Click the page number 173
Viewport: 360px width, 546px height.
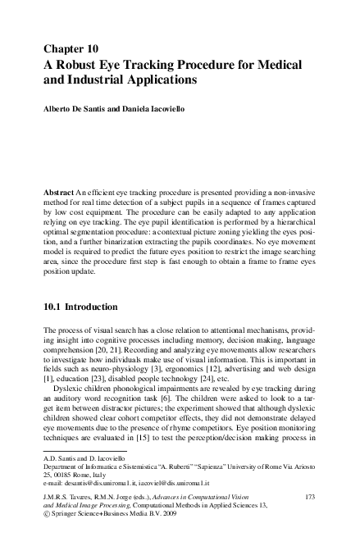tap(310, 498)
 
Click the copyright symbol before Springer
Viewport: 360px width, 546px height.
tap(44, 517)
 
